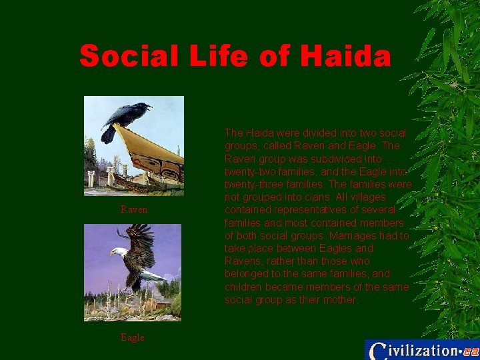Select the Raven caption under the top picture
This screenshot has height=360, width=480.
tap(133, 209)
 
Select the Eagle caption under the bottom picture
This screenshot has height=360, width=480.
tap(132, 337)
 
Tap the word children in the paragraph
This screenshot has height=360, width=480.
tap(247, 287)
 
